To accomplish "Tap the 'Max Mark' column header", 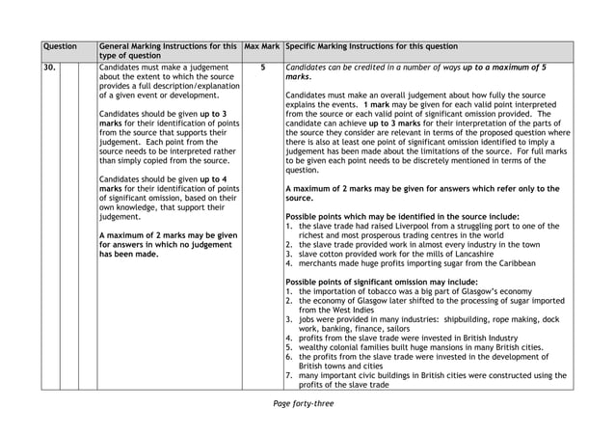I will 261,46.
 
